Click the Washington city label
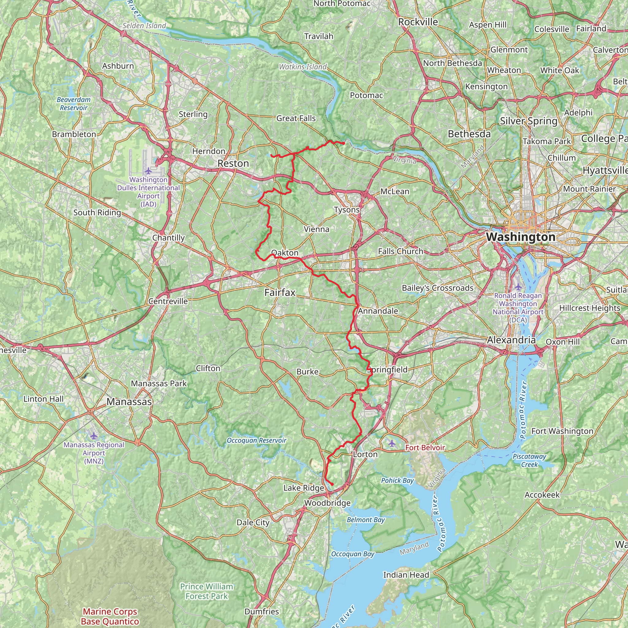point(521,237)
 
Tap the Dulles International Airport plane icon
point(148,171)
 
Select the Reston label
point(233,163)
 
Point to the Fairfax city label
point(280,293)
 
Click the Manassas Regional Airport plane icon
point(94,435)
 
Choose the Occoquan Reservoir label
point(256,440)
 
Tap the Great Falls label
point(296,118)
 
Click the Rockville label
point(418,22)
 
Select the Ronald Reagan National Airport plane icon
point(518,287)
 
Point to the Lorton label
point(365,454)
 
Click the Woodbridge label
point(327,503)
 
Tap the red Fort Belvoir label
point(425,448)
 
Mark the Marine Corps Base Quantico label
point(110,616)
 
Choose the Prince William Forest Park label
point(207,591)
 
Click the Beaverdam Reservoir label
point(74,103)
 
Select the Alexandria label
point(511,340)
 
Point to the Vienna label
point(316,229)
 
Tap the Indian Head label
point(406,575)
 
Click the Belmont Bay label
point(366,520)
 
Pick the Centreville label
point(168,301)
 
